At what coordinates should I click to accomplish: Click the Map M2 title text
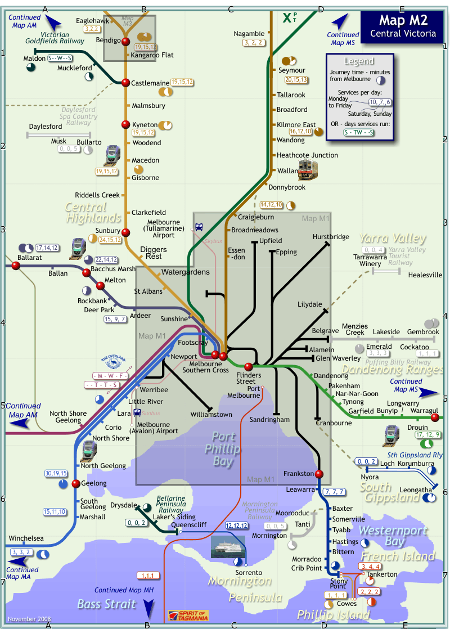tap(403, 21)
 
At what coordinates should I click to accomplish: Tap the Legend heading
tap(358, 61)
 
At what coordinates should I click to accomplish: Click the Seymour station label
tap(291, 70)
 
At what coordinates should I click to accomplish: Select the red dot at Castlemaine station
tap(125, 82)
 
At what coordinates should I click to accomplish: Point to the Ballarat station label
tap(30, 257)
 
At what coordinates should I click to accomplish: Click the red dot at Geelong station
tap(75, 483)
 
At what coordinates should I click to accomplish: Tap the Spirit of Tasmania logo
tap(188, 615)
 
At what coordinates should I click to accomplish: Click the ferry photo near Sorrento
tap(228, 546)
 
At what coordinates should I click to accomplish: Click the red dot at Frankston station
tap(318, 473)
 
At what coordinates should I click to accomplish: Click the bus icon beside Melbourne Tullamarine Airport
tap(199, 227)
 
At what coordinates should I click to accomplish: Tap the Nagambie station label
tap(249, 34)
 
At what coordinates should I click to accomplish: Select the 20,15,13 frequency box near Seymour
tap(296, 80)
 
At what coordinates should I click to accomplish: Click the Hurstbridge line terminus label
tap(331, 237)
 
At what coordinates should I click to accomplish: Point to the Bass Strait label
tap(106, 604)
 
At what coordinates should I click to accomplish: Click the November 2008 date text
tap(29, 619)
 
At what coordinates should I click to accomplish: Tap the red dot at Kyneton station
tap(125, 124)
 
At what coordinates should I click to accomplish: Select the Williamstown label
tap(211, 415)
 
